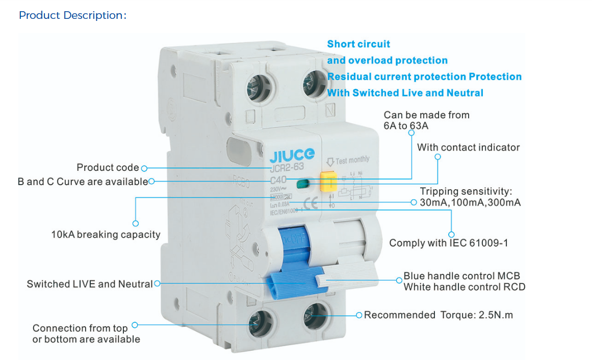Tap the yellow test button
point(328,182)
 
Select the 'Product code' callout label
point(108,168)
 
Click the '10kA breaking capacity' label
point(106,235)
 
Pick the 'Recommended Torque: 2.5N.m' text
point(439,315)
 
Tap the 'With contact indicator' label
point(468,147)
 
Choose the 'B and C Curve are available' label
point(83,182)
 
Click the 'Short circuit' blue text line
point(358,44)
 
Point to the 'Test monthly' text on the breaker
point(352,160)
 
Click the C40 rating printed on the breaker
point(278,180)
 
